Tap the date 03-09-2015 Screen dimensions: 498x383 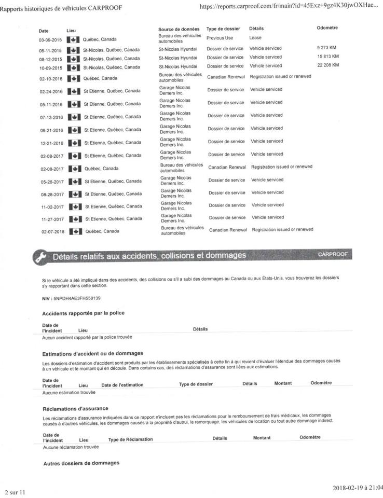point(51,39)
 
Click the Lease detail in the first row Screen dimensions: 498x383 point(255,38)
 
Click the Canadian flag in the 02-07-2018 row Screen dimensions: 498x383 point(76,231)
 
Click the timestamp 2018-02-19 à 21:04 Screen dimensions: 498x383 point(355,488)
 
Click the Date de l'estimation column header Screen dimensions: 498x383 point(122,384)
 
